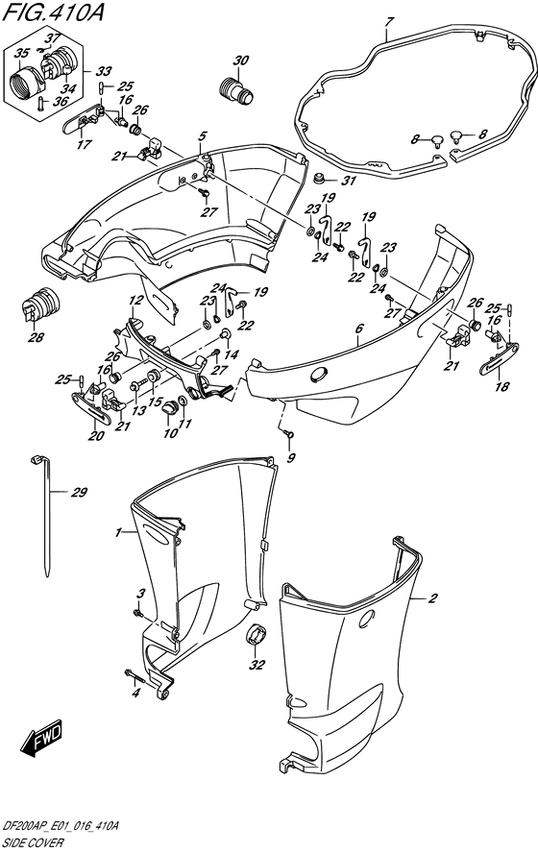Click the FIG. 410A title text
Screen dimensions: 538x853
coord(52,12)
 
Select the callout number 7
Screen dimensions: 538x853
coord(387,22)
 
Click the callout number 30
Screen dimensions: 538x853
coord(240,61)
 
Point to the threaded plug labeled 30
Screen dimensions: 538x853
coord(235,90)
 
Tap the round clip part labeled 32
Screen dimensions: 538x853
coord(257,635)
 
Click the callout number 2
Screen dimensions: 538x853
coord(433,599)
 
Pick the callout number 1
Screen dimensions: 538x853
coord(117,532)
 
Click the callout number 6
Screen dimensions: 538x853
coord(358,328)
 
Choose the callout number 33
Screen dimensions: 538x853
coord(104,71)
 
